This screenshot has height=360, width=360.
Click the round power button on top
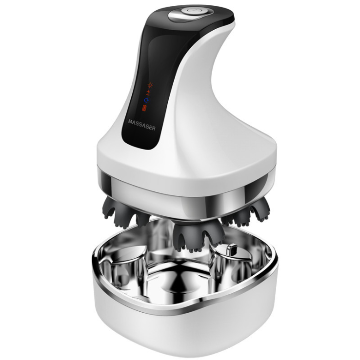tap(193, 11)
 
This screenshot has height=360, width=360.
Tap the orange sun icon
tap(150, 85)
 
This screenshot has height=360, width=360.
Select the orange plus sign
tap(149, 92)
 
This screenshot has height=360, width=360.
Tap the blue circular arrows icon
tap(146, 100)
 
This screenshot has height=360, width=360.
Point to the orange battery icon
tap(144, 108)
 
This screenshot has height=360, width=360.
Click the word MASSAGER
tap(141, 125)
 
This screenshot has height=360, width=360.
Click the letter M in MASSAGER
tap(131, 122)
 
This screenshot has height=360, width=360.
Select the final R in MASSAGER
tap(153, 128)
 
